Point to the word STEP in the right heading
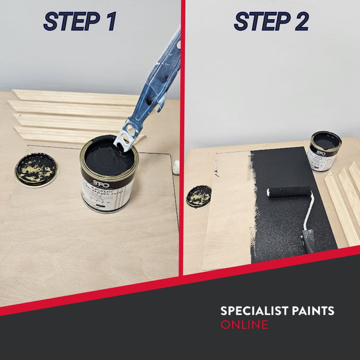coord(259,22)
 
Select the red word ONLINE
coord(244,325)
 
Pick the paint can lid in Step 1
coord(36,169)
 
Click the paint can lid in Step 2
coord(199,196)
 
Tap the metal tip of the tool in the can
coord(124,140)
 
